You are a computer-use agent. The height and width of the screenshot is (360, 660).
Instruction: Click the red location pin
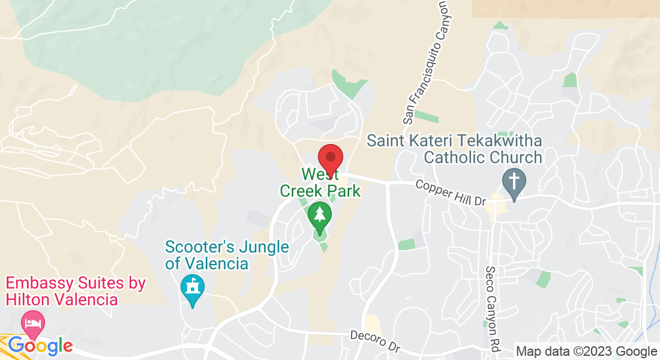[x=330, y=158]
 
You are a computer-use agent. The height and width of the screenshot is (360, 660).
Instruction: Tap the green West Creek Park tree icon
[x=319, y=216]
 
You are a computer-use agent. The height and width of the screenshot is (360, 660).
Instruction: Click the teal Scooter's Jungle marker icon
[x=192, y=288]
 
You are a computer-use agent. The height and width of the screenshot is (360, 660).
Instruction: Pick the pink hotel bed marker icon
[x=33, y=325]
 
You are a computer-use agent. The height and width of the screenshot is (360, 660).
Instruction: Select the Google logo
[x=40, y=346]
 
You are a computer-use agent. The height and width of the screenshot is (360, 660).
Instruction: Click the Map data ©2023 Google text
[x=586, y=352]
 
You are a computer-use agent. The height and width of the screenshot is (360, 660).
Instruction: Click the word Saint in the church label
[x=386, y=142]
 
